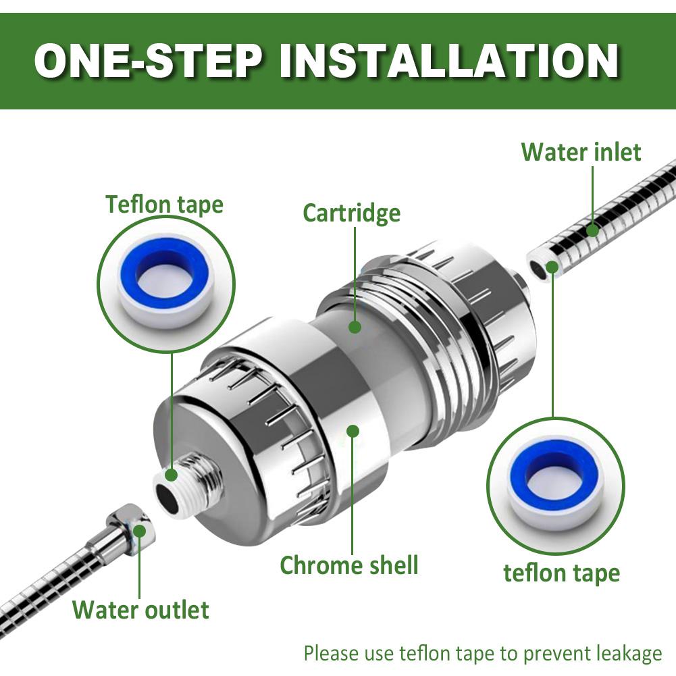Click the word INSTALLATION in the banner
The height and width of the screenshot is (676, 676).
449,61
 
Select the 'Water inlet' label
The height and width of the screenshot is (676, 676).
581,152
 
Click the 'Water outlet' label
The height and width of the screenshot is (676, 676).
141,610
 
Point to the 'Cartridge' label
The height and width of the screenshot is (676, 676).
351,213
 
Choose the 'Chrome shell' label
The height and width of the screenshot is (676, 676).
349,565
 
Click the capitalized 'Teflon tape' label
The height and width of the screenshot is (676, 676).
165,204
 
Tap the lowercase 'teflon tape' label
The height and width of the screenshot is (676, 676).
562,573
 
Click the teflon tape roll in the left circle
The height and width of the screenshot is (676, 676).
166,283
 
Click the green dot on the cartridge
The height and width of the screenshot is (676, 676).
355,326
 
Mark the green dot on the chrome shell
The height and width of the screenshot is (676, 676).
353,431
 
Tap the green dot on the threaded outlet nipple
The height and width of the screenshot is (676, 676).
172,475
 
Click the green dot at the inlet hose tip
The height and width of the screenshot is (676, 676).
552,267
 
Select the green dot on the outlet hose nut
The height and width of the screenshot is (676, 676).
139,531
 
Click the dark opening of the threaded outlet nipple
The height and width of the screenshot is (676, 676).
167,498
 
